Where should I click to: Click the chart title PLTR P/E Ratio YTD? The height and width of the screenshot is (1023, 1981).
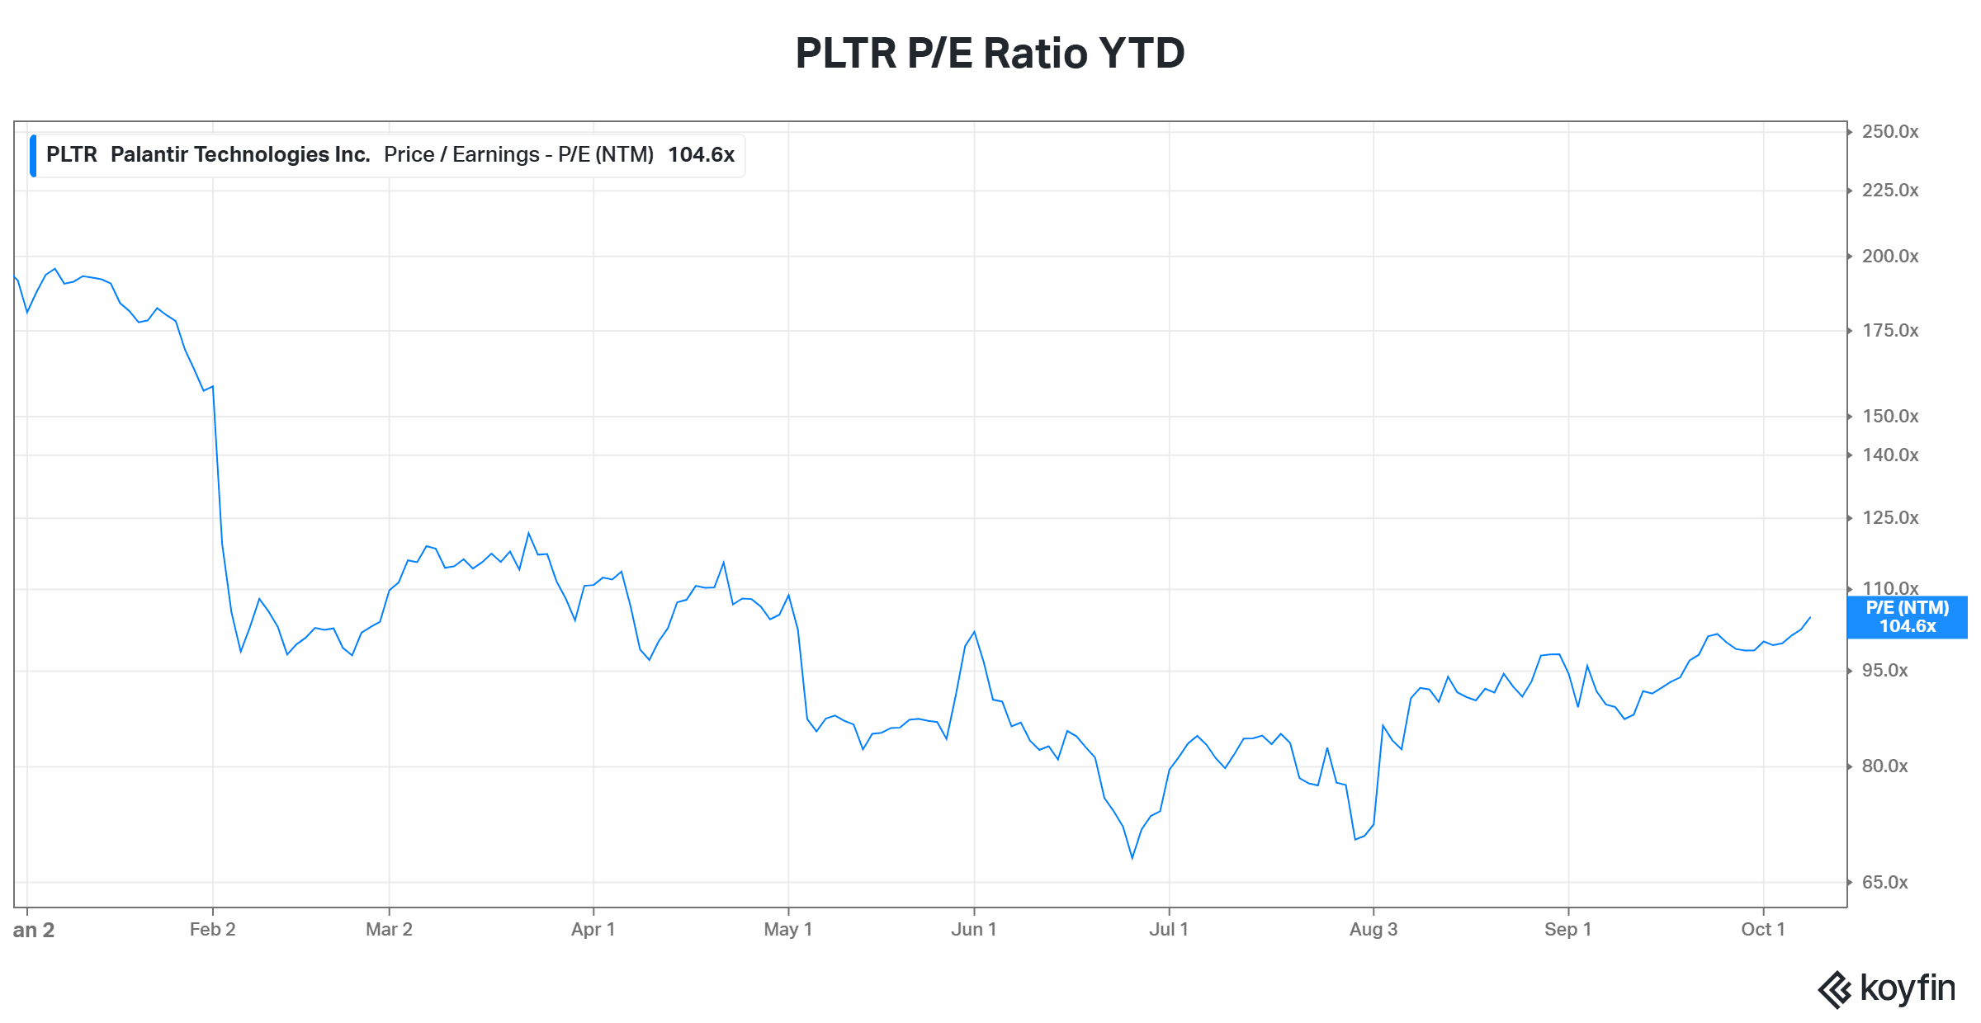(990, 54)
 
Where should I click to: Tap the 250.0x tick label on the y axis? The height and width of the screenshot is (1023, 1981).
(1890, 132)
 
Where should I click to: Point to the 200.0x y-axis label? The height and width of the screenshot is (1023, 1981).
(1890, 257)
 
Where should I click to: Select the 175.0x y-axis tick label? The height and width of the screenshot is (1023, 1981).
(1890, 331)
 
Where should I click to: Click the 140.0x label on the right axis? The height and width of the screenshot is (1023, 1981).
(1890, 455)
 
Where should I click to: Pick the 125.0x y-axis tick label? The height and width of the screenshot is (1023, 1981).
(1890, 518)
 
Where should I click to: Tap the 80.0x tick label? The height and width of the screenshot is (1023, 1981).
(1885, 766)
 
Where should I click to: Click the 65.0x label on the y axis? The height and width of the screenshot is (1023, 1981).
(1885, 883)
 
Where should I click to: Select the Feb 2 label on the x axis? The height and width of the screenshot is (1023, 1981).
(213, 930)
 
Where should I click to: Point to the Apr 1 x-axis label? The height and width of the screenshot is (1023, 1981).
(593, 930)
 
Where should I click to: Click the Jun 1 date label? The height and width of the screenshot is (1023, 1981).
(974, 930)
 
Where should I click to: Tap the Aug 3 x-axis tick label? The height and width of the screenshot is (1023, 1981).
(1373, 930)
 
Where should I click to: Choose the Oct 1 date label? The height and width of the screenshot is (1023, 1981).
(1763, 930)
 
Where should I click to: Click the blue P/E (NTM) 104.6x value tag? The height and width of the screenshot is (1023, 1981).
(1908, 617)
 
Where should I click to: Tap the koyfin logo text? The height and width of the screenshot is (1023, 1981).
(1908, 988)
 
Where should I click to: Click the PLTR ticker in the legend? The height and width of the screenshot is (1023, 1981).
(72, 155)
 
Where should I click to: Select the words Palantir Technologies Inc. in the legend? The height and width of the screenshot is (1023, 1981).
(240, 155)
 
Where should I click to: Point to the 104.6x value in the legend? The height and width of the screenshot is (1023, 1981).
(701, 155)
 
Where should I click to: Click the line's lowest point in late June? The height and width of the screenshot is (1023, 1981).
(1132, 858)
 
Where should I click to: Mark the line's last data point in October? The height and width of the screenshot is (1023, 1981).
(1810, 617)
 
